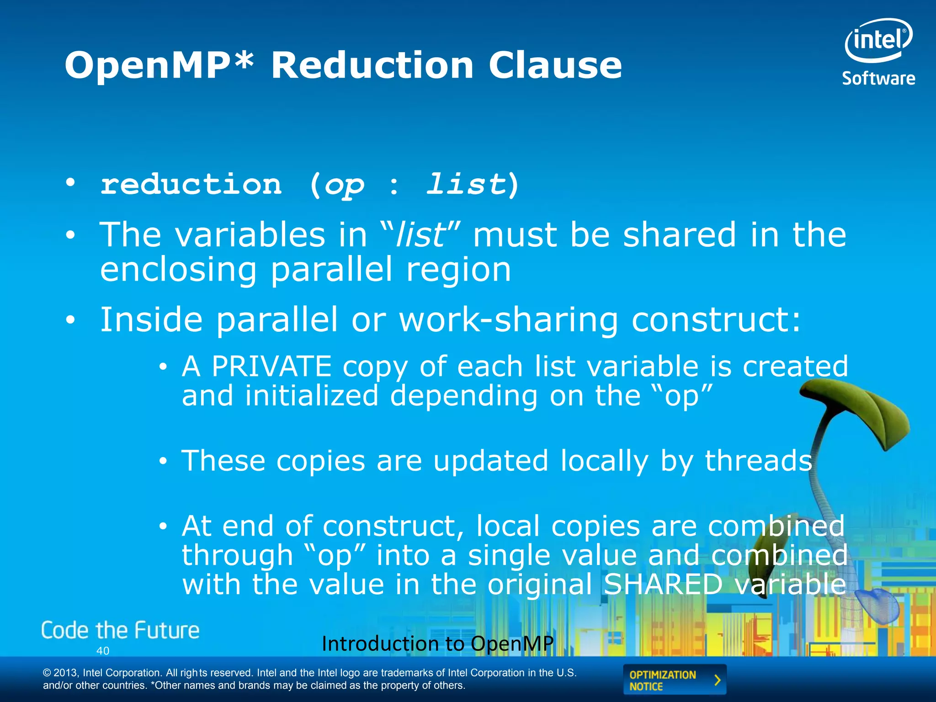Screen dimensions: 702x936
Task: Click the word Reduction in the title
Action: (x=372, y=65)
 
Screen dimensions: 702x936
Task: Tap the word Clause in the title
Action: (x=555, y=65)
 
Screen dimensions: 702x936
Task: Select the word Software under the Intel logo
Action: (x=878, y=79)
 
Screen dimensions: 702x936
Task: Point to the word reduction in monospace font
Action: (x=191, y=185)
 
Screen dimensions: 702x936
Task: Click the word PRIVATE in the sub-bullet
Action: (x=271, y=367)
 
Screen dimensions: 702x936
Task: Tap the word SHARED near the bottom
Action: (x=663, y=584)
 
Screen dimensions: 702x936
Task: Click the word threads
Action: (x=758, y=461)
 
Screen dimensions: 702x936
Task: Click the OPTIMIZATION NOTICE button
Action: (x=674, y=680)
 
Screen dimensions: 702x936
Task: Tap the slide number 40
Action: (x=103, y=651)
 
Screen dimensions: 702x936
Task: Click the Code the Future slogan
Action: (x=120, y=631)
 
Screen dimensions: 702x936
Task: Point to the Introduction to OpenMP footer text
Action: (x=437, y=643)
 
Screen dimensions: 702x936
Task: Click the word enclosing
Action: (x=179, y=270)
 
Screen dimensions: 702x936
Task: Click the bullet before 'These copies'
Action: (x=163, y=462)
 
